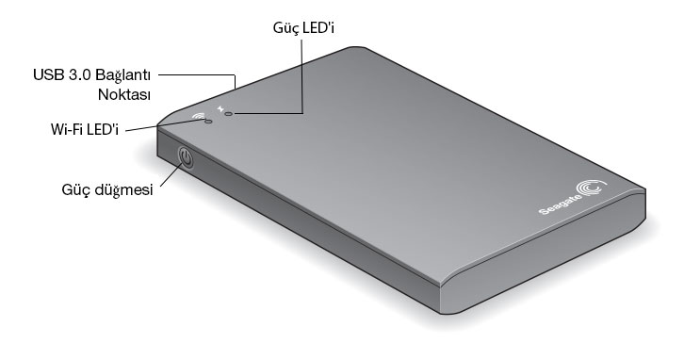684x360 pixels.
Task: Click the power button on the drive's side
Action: coord(186,158)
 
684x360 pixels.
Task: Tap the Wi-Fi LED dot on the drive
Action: coord(208,122)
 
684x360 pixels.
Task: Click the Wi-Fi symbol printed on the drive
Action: coord(199,116)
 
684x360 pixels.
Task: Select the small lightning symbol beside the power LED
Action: coord(220,108)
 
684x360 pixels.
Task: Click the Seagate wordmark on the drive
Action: coord(561,205)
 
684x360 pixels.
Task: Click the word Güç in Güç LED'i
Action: coord(286,28)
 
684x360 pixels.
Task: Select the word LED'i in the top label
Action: coord(318,27)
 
